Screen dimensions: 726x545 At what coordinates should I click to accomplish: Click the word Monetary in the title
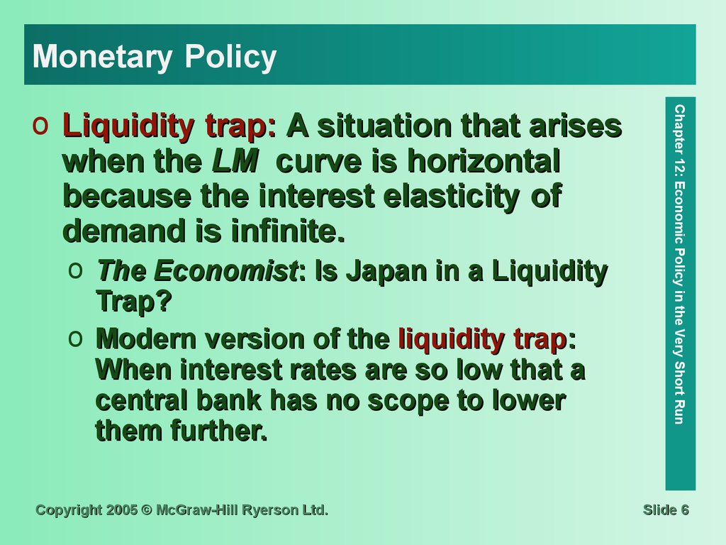(x=102, y=57)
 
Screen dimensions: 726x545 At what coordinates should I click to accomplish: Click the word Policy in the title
(x=230, y=57)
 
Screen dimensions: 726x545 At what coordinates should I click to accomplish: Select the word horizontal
(x=484, y=161)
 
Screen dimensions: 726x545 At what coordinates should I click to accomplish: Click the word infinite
(x=288, y=231)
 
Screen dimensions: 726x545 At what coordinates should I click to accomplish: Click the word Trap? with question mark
(x=134, y=302)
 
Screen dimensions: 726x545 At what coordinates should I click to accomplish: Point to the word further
(x=219, y=431)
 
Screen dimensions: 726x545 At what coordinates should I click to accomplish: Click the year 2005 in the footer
(x=122, y=510)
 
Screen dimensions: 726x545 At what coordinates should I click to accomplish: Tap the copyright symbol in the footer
(x=147, y=510)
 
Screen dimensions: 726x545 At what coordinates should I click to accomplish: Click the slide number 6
(x=684, y=510)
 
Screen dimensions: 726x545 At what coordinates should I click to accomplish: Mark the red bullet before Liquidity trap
(x=40, y=126)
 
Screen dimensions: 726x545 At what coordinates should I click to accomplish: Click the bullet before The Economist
(x=75, y=270)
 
